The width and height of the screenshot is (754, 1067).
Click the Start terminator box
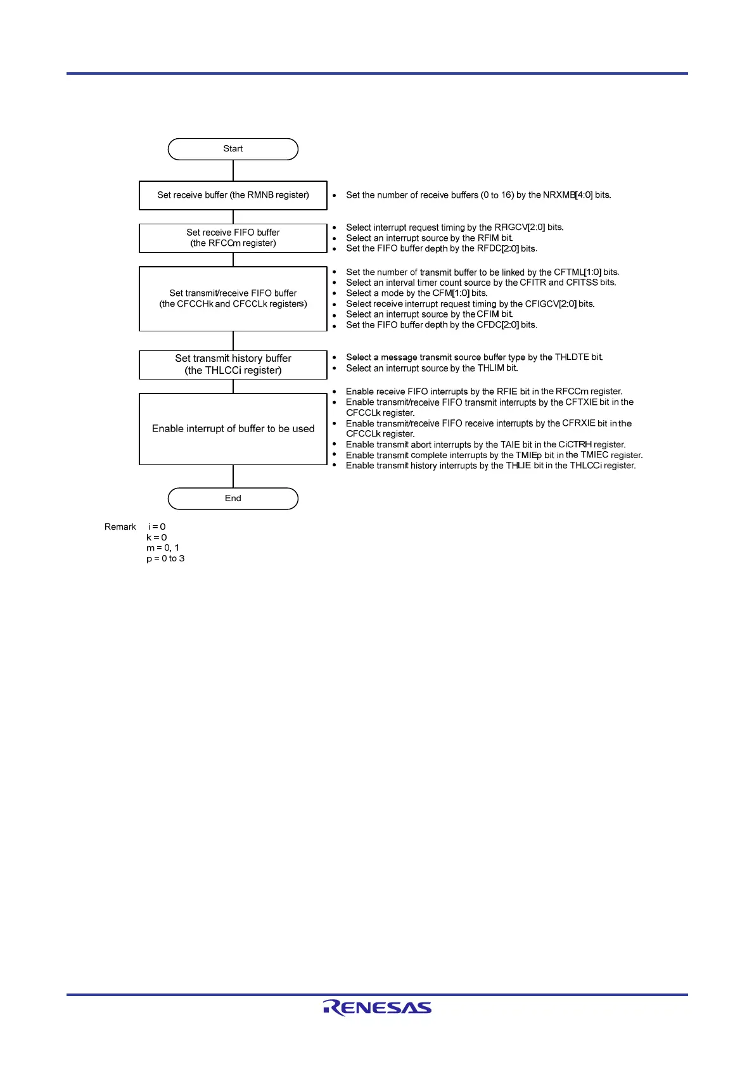(x=233, y=149)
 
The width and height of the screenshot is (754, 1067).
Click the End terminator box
(x=233, y=499)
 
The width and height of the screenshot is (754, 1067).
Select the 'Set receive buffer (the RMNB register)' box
(x=233, y=195)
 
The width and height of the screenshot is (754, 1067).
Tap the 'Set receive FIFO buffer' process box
(x=233, y=238)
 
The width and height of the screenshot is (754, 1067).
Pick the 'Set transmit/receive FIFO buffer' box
(x=233, y=298)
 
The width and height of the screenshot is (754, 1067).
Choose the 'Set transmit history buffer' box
(x=233, y=364)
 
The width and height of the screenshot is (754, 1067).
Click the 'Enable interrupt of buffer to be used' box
(x=233, y=429)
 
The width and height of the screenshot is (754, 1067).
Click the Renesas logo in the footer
(x=377, y=1008)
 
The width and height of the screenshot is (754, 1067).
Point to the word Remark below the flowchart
(x=120, y=527)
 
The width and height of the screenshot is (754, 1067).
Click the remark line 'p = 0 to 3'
(x=165, y=559)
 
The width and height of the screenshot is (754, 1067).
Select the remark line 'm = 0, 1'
(x=163, y=548)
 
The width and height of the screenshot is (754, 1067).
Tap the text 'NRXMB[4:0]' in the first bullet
(x=568, y=195)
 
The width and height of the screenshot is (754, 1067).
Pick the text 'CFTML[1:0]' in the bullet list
(x=577, y=272)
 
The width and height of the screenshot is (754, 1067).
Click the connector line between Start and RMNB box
(x=233, y=170)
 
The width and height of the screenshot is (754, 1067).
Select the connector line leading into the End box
(x=233, y=476)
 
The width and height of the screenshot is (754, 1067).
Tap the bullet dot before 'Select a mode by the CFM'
(x=335, y=294)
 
